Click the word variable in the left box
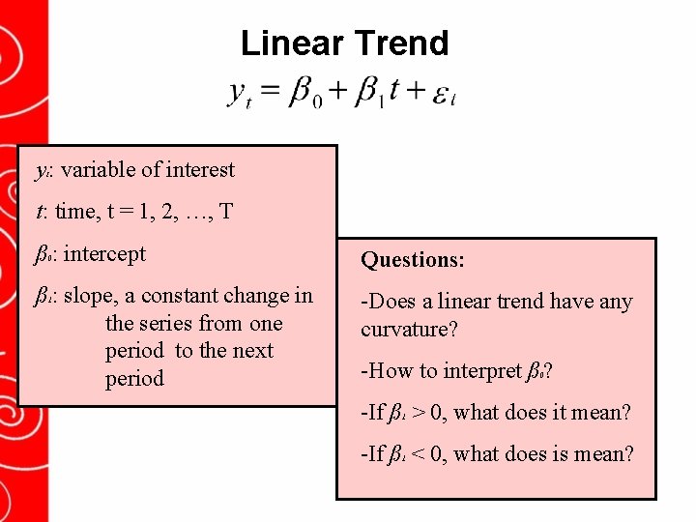pyautogui.click(x=100, y=170)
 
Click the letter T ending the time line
pyautogui.click(x=225, y=212)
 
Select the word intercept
pyautogui.click(x=104, y=254)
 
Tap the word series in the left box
pyautogui.click(x=172, y=323)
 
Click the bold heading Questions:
pyautogui.click(x=413, y=260)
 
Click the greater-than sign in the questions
pyautogui.click(x=419, y=413)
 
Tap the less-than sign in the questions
pyautogui.click(x=419, y=453)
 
